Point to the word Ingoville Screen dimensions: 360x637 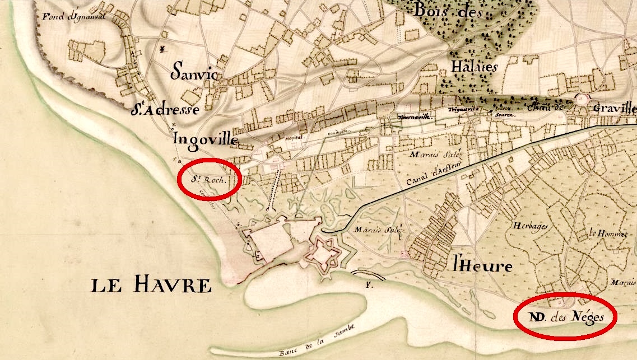[x=207, y=138]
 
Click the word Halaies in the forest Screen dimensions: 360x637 [x=474, y=67]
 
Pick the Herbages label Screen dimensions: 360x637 [x=529, y=226]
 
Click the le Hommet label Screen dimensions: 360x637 [x=606, y=233]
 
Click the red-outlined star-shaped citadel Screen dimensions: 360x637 [x=323, y=254]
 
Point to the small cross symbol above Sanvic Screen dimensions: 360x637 [x=162, y=50]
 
